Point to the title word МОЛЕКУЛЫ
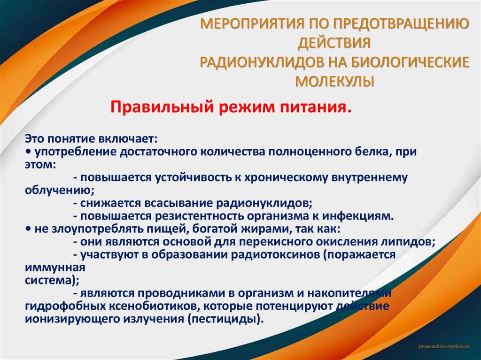click(334, 82)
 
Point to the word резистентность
click(177, 216)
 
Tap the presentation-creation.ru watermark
click(444, 345)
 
